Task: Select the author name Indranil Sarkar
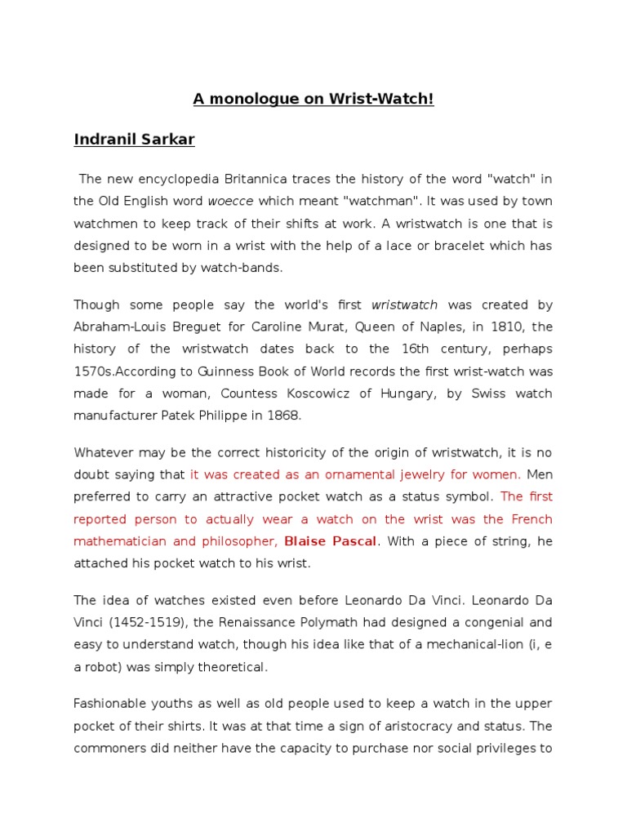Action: pos(134,140)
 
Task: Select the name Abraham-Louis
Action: pos(116,327)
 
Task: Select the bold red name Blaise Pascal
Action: pos(331,540)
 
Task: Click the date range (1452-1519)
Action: pos(149,622)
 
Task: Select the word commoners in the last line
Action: pos(109,748)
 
